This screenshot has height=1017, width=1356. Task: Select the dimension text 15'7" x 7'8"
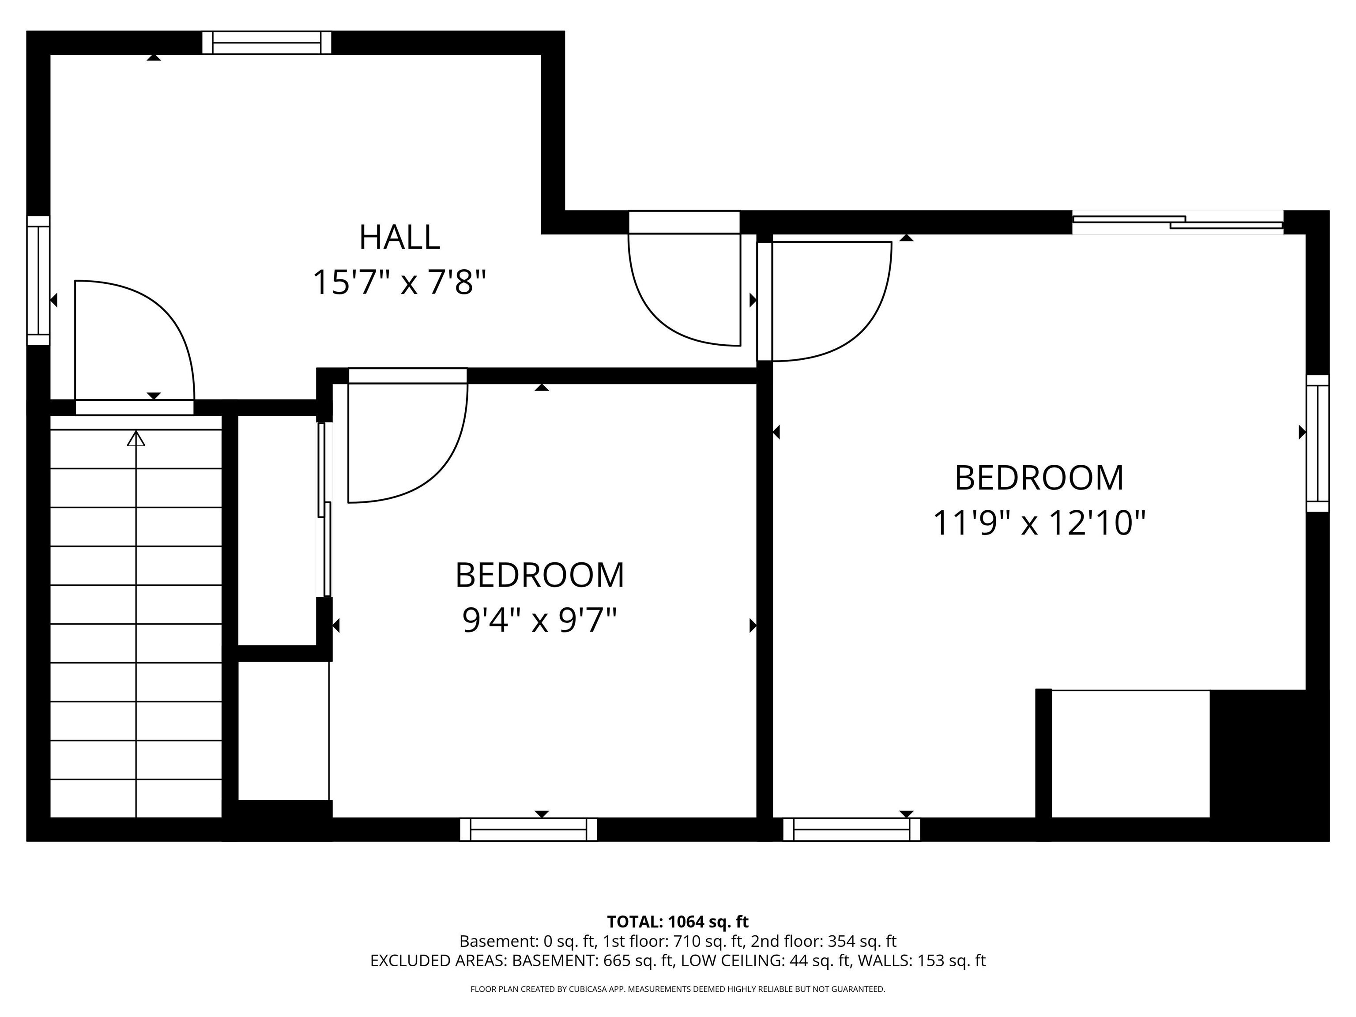(x=399, y=282)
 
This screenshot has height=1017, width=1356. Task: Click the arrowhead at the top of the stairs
(x=136, y=439)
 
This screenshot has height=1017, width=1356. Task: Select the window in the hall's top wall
(x=267, y=43)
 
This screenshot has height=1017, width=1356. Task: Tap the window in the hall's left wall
(x=38, y=280)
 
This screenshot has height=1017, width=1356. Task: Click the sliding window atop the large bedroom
(x=1177, y=222)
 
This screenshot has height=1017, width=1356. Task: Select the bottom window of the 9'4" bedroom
(x=528, y=829)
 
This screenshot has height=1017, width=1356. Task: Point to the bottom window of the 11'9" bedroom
(x=851, y=829)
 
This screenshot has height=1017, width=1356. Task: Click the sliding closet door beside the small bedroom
(x=324, y=509)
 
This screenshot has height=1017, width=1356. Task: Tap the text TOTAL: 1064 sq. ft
(x=678, y=922)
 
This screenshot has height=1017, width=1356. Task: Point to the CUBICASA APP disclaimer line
(x=678, y=989)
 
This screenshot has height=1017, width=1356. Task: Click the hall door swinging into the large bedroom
(x=828, y=301)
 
